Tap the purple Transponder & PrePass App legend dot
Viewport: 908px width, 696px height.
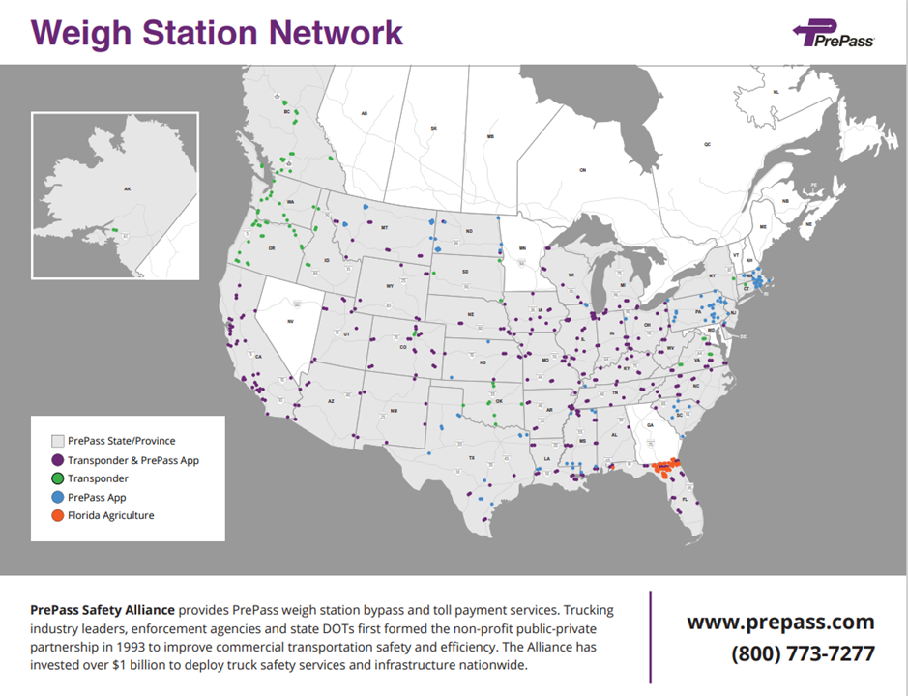(x=57, y=460)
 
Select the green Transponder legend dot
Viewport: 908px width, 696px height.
(x=57, y=478)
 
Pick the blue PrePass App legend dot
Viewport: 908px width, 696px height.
(x=57, y=497)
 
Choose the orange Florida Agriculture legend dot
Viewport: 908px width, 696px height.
(x=57, y=515)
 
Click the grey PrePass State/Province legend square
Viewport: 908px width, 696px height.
(x=57, y=441)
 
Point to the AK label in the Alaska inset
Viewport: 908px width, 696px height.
(x=127, y=189)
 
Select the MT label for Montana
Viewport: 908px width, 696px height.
(x=384, y=228)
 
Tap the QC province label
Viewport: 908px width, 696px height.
(x=707, y=144)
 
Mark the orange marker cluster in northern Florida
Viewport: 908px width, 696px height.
(x=664, y=467)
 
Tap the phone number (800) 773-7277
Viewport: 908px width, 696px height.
(x=803, y=653)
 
